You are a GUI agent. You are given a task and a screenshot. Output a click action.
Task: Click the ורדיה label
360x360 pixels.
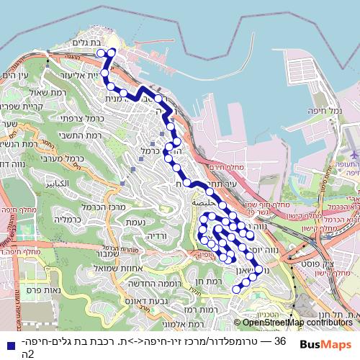point(156,235)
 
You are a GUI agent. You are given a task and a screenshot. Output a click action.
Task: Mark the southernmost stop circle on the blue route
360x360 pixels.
point(235,289)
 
